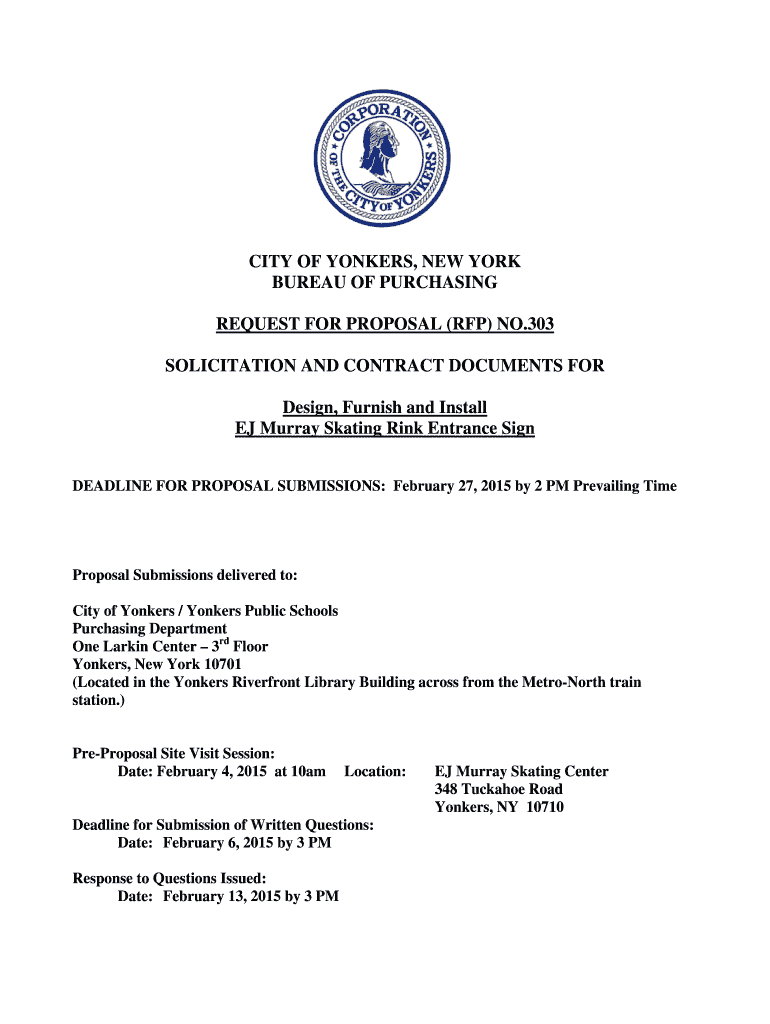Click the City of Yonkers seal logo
click(x=384, y=157)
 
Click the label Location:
click(x=375, y=772)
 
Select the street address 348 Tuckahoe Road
click(x=498, y=790)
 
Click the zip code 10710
click(x=543, y=808)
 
